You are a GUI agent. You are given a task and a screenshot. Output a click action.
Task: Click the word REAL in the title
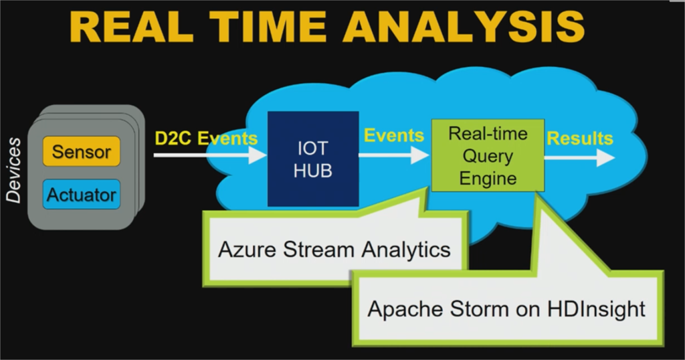(x=131, y=26)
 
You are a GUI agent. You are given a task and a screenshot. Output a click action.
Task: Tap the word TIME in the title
(x=268, y=26)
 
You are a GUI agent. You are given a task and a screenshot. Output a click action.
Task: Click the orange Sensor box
(x=81, y=151)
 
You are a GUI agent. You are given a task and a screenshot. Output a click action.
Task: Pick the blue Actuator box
(x=81, y=195)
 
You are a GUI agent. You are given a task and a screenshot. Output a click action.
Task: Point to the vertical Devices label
(x=13, y=170)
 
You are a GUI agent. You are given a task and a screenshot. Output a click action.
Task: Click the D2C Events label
(x=206, y=138)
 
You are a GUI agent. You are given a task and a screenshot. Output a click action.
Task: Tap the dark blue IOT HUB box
(x=313, y=159)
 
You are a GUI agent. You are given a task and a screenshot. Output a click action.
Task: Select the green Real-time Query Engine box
(x=488, y=155)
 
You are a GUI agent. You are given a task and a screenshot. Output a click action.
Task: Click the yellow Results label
(x=580, y=138)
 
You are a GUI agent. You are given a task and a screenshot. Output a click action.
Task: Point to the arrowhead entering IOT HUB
(x=258, y=155)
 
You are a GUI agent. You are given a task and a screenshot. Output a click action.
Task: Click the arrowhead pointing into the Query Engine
(x=421, y=155)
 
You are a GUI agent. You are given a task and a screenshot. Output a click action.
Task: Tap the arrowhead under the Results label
(x=606, y=157)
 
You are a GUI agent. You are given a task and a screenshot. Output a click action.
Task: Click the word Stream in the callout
(x=318, y=250)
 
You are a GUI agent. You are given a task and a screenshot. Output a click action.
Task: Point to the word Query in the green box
(x=488, y=157)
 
